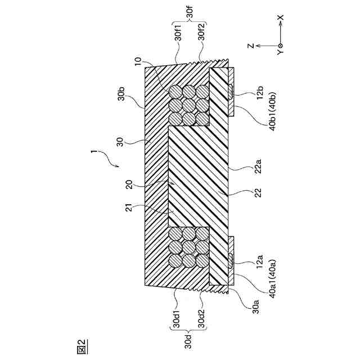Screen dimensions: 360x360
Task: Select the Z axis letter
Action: tap(253, 44)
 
